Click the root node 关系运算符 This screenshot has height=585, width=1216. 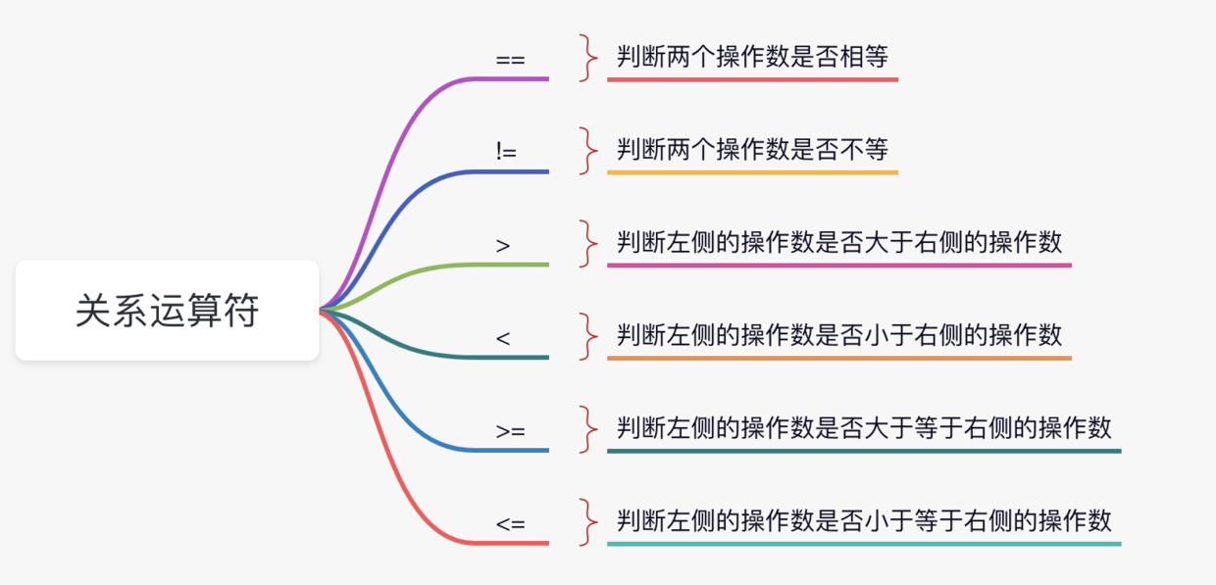(x=168, y=311)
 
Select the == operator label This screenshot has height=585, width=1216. (x=510, y=60)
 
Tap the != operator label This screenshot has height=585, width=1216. (x=506, y=152)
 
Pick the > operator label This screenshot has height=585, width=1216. (x=503, y=245)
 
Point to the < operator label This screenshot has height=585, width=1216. (x=503, y=338)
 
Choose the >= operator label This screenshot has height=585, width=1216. (x=510, y=430)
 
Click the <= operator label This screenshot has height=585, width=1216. (x=510, y=523)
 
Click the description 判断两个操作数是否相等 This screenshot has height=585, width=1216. (x=752, y=57)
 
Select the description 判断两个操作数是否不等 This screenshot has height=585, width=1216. (x=752, y=150)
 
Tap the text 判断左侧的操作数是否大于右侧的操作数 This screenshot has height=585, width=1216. (x=839, y=242)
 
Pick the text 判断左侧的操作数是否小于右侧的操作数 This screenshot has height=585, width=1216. (x=839, y=335)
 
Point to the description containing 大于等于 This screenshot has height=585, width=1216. (x=864, y=428)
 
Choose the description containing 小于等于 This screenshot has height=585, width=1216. (x=864, y=520)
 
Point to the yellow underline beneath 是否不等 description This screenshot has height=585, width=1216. (x=752, y=172)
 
